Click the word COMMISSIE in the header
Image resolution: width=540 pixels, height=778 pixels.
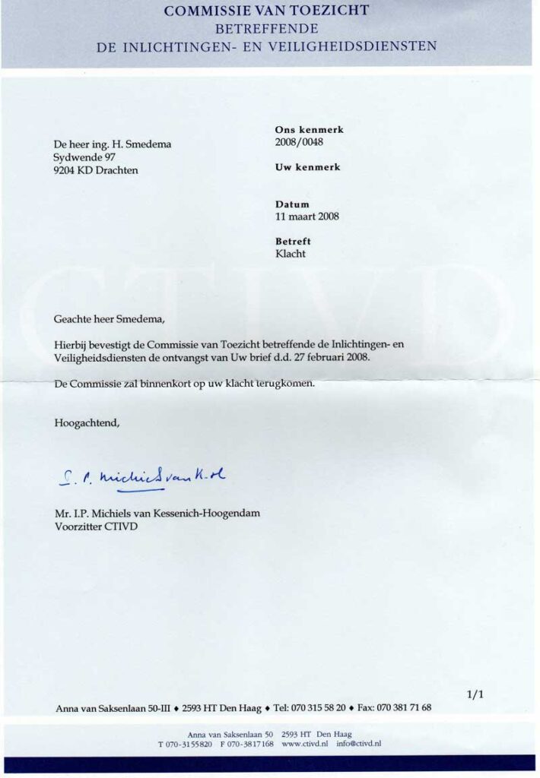(205, 11)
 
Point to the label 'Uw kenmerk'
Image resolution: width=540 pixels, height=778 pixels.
(307, 167)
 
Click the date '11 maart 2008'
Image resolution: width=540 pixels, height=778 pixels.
(307, 216)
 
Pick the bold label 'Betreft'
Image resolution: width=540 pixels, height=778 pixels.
(293, 242)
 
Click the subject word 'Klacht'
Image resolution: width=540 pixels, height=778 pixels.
(291, 254)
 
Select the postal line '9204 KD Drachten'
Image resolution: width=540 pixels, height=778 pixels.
(96, 170)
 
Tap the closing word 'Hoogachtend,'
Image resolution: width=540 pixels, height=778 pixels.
(87, 422)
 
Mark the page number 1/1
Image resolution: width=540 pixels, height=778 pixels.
(474, 694)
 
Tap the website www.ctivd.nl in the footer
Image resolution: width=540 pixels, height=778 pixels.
(304, 744)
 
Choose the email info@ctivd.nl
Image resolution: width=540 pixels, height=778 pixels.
(358, 744)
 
